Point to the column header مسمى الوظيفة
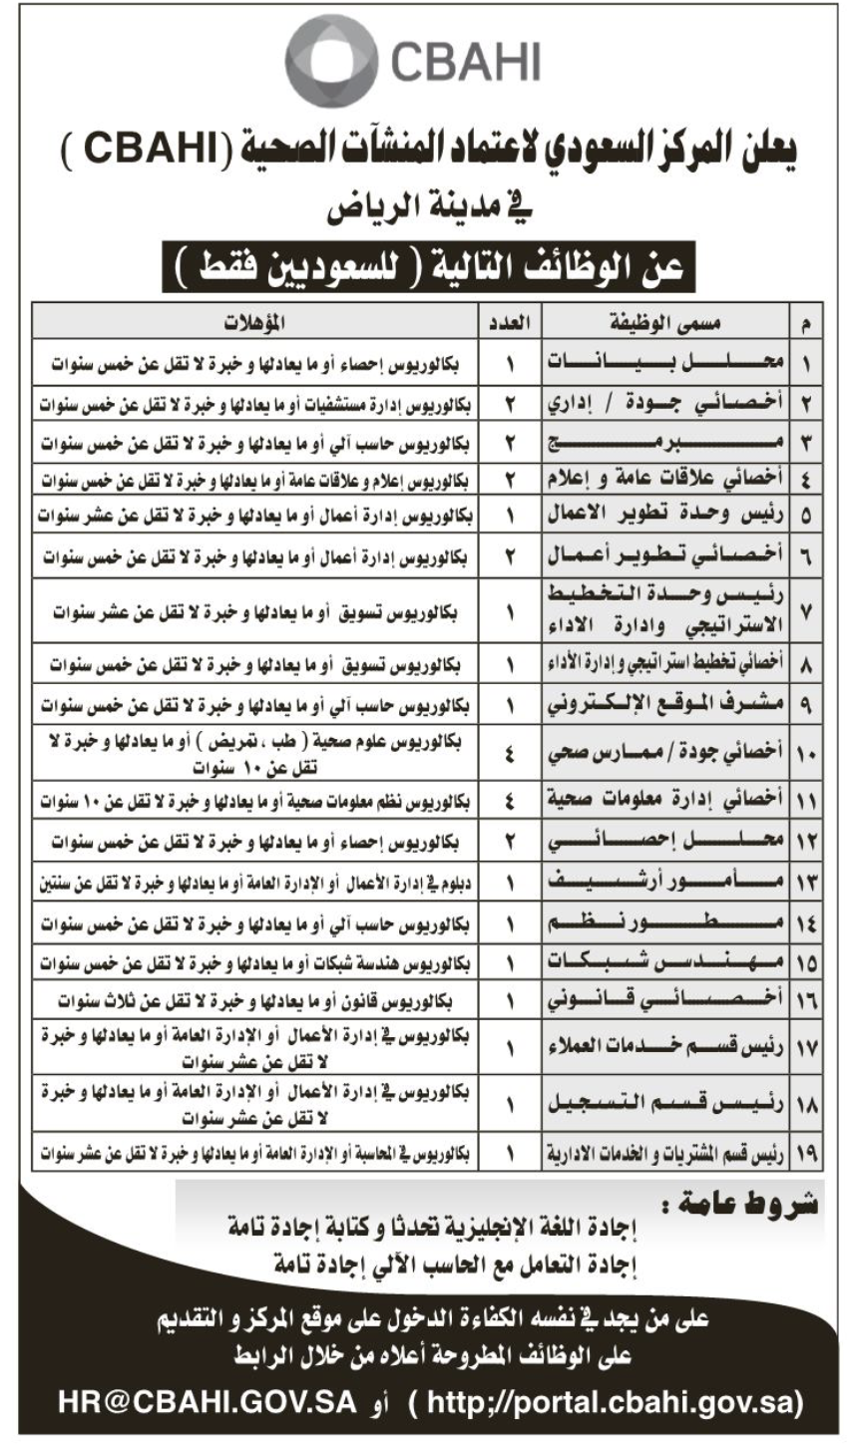pos(665,322)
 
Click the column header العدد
pos(511,322)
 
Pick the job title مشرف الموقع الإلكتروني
pos(665,703)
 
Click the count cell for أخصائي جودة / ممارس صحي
pos(510,754)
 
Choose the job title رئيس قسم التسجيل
pos(665,1105)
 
